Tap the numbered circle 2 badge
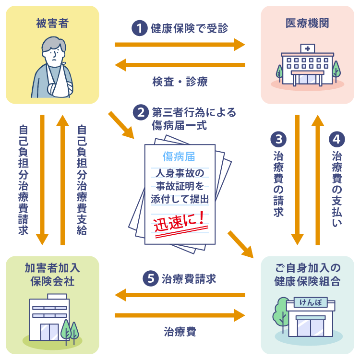141,113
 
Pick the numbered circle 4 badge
337,139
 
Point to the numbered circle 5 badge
151,278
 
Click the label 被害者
52,23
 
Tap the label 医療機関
307,23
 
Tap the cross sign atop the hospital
307,48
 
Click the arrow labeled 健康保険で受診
180,45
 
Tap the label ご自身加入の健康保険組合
307,275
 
